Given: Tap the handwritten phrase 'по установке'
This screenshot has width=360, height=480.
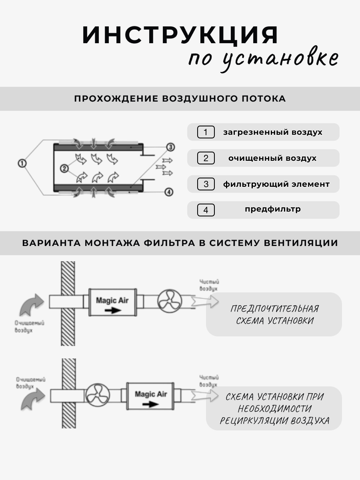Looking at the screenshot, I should tap(263, 59).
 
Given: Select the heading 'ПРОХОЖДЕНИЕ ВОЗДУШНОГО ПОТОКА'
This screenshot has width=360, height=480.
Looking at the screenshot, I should tap(180, 99).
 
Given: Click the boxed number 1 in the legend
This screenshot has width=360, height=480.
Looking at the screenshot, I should tap(206, 132).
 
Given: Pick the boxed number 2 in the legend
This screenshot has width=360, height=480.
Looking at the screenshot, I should tap(206, 158).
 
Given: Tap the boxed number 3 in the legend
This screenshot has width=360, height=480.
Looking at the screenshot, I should tap(206, 184).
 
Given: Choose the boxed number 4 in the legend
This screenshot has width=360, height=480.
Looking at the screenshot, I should tap(206, 210).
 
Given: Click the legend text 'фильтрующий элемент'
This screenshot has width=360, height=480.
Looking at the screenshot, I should tap(276, 184).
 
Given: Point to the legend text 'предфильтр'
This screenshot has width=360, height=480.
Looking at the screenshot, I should tap(273, 209).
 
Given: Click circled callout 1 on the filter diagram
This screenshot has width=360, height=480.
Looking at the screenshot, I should tap(22, 163).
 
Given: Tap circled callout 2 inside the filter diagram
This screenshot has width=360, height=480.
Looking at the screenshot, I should tap(64, 168).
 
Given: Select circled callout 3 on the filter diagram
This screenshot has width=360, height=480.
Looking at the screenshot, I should tap(171, 147).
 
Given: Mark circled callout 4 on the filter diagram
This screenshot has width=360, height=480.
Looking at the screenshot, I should tap(169, 192).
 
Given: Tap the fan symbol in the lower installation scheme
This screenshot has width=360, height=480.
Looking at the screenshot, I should tap(98, 396).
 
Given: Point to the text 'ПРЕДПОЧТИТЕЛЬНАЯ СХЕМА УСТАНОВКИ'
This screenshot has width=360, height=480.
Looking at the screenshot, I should tap(274, 314).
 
